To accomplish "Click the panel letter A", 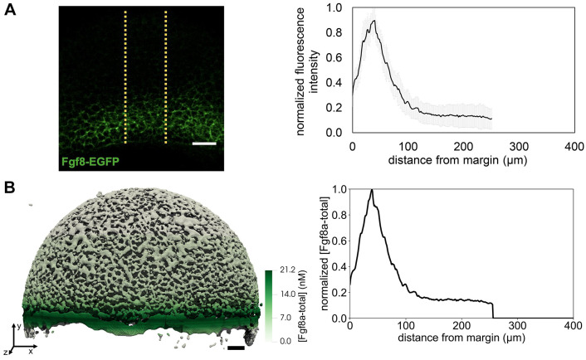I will (x=11, y=11).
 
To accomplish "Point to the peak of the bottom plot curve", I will (x=372, y=190).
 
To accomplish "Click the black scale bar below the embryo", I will (x=236, y=348).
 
